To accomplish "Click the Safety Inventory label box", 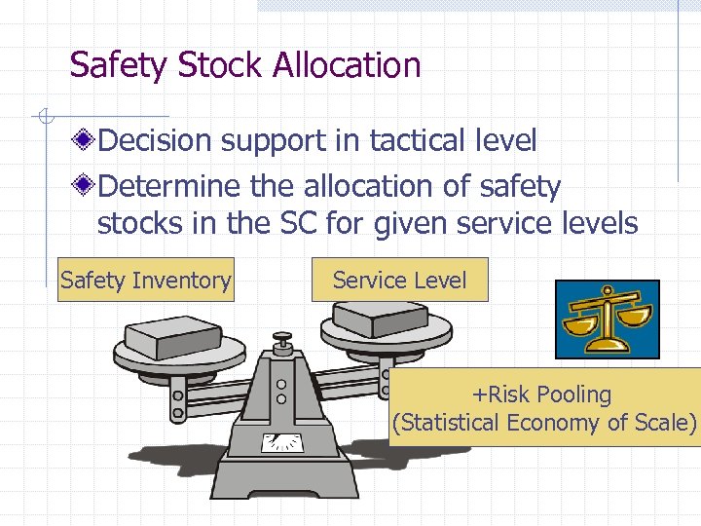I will (x=146, y=281).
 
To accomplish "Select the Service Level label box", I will (x=399, y=281).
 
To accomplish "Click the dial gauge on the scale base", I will (x=282, y=443).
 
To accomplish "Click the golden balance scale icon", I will (x=607, y=319).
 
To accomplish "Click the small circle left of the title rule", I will (x=44, y=117).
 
